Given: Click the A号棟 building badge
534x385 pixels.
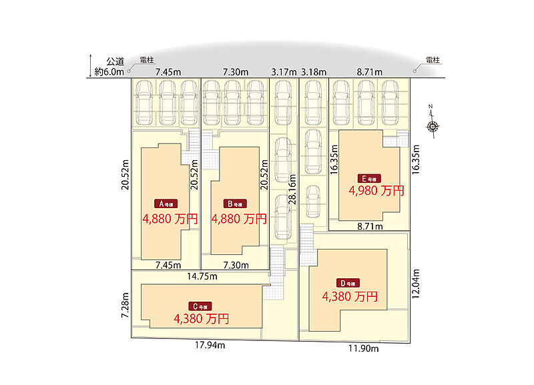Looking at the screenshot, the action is pyautogui.click(x=166, y=204).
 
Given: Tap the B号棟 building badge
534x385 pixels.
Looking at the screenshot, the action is pyautogui.click(x=235, y=204).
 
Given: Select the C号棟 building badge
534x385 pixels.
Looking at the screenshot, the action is pyautogui.click(x=200, y=306).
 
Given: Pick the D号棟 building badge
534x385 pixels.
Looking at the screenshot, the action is pyautogui.click(x=348, y=283).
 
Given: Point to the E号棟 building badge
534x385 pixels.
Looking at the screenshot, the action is pyautogui.click(x=369, y=178).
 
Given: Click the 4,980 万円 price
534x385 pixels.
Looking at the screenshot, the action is pyautogui.click(x=376, y=191).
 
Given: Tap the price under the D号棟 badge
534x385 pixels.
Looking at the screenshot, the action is pyautogui.click(x=350, y=296).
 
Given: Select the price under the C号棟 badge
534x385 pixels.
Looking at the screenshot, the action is pyautogui.click(x=202, y=319).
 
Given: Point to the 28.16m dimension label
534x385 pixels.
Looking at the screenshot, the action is pyautogui.click(x=292, y=189).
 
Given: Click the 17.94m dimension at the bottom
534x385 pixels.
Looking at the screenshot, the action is pyautogui.click(x=210, y=345).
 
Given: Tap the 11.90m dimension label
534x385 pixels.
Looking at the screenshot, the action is pyautogui.click(x=363, y=348).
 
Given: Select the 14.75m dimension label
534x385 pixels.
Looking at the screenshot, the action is pyautogui.click(x=202, y=276).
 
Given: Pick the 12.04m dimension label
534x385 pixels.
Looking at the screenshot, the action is pyautogui.click(x=415, y=284).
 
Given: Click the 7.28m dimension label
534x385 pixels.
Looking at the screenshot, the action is pyautogui.click(x=125, y=306).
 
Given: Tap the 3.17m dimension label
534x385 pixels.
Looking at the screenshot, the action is pyautogui.click(x=284, y=72).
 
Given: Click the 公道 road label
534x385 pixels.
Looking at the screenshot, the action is pyautogui.click(x=115, y=61).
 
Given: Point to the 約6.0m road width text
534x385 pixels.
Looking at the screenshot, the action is pyautogui.click(x=109, y=72).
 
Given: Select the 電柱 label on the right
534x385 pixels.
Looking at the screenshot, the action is pyautogui.click(x=433, y=60).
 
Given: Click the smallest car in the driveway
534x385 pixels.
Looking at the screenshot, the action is pyautogui.click(x=312, y=202).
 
